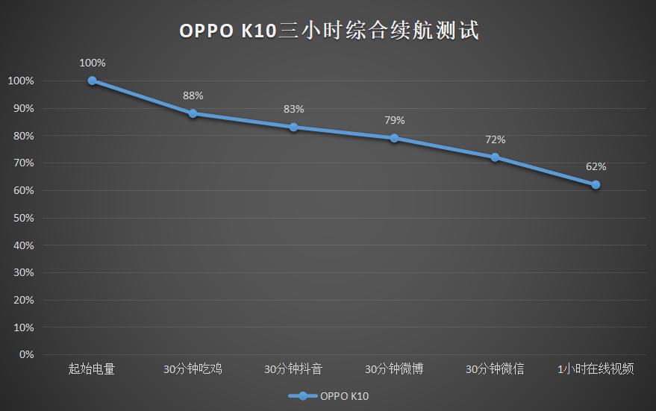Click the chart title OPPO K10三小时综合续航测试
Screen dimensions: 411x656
328,31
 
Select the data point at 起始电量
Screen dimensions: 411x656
92,81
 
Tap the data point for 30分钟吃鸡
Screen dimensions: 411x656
193,113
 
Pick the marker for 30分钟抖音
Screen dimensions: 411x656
293,127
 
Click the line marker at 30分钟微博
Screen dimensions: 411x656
394,138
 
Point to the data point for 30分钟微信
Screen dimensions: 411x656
495,157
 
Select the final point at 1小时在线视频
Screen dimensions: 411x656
596,184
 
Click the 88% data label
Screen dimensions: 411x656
193,95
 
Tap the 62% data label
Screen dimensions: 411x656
596,166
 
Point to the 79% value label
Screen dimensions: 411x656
394,120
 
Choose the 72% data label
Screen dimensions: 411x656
495,139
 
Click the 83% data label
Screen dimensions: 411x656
293,109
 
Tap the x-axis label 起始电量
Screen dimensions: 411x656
92,369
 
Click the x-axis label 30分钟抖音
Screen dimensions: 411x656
293,369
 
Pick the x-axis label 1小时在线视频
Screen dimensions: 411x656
596,369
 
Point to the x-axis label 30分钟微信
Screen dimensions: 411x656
495,369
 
